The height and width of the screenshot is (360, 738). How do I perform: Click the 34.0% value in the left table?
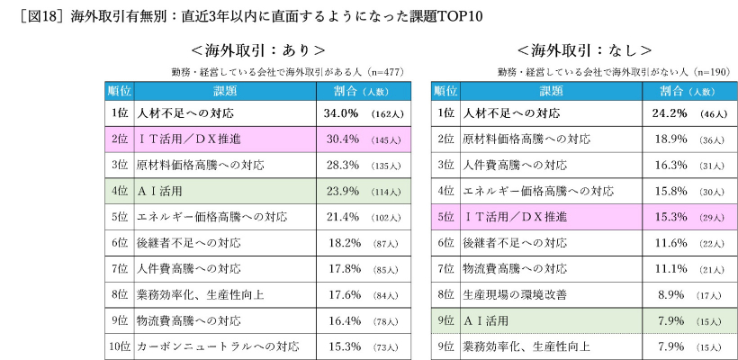(x=341, y=114)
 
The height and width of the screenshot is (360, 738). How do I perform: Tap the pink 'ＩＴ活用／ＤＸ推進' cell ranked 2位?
(x=188, y=139)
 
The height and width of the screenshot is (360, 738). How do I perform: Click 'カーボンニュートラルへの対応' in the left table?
(x=217, y=346)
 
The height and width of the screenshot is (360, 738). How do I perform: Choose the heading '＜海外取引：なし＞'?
(x=584, y=50)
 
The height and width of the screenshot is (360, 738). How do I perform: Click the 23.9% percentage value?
(x=341, y=191)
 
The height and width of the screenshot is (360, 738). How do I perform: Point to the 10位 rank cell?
(x=121, y=346)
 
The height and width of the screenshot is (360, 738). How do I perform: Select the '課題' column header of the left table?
(x=224, y=91)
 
